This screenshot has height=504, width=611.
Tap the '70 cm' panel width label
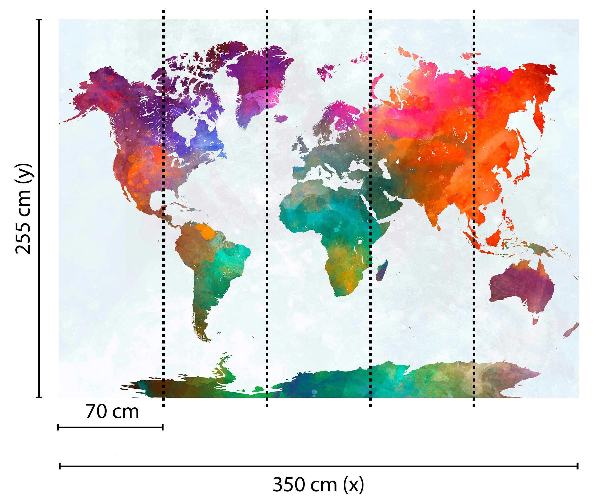112,412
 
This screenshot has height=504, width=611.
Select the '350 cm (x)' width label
318,485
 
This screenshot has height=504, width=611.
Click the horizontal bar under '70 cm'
110,427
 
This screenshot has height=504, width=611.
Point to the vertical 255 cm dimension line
39,208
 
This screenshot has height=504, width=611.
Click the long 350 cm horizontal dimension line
318,467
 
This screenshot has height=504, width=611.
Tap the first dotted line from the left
164,208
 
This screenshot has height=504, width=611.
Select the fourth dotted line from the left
474,208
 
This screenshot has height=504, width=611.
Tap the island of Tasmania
535,321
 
